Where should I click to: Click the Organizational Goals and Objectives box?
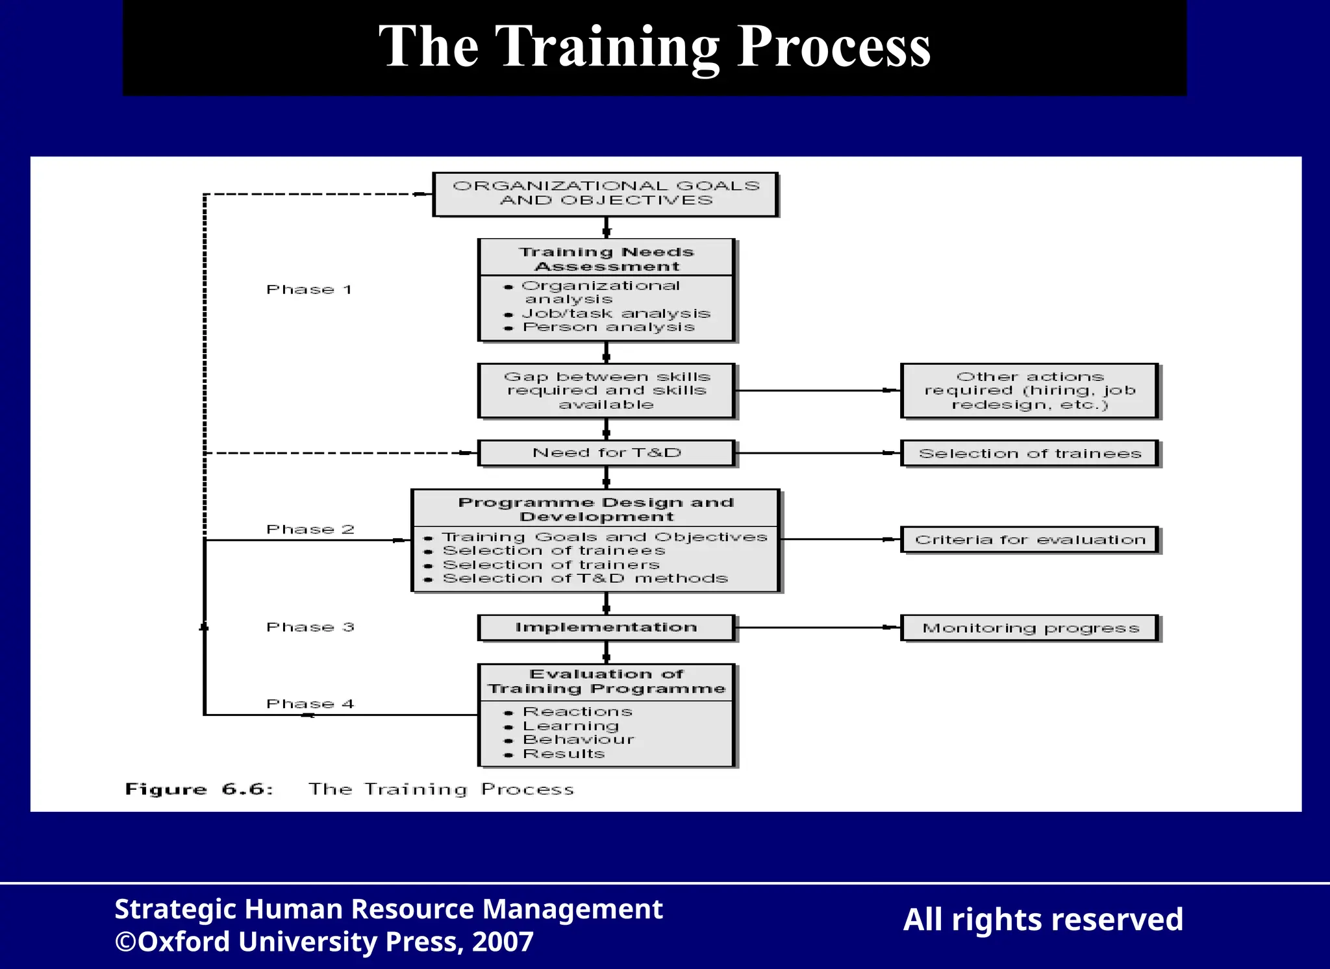click(605, 193)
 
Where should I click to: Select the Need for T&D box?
click(607, 453)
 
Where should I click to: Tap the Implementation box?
click(606, 628)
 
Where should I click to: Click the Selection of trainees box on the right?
click(1029, 454)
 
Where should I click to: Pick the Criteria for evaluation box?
click(1029, 540)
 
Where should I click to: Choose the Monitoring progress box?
click(1029, 628)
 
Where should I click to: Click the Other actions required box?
click(1029, 391)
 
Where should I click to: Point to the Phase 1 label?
click(309, 289)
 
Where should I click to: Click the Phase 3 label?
click(310, 627)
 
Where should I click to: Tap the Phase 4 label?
click(310, 704)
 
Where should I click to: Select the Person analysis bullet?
click(608, 328)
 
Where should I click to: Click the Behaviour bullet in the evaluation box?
click(578, 740)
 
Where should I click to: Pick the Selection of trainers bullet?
click(551, 565)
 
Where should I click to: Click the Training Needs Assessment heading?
click(607, 259)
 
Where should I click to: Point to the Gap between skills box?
click(607, 391)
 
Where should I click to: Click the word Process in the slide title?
click(834, 47)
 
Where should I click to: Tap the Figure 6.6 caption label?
click(199, 789)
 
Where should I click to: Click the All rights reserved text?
click(1043, 920)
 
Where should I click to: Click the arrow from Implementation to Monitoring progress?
click(818, 628)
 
